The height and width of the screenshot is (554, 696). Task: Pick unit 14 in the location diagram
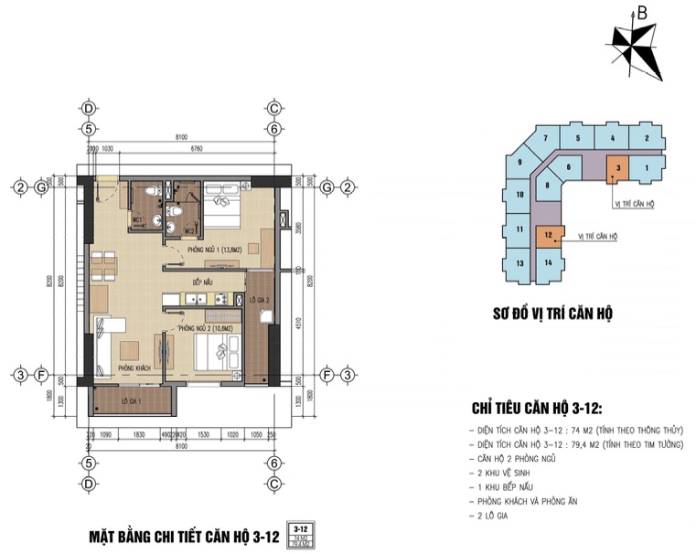pyautogui.click(x=547, y=263)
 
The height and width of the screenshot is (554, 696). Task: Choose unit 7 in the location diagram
pyautogui.click(x=544, y=139)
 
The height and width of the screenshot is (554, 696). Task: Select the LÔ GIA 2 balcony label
pyautogui.click(x=258, y=299)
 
